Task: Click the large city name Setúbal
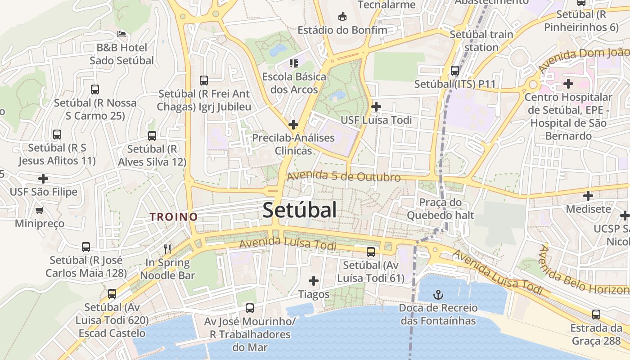[299, 210]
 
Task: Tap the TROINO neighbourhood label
[174, 216]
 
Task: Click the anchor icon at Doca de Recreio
[438, 295]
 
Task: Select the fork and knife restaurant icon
[167, 249]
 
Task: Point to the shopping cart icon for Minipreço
[40, 210]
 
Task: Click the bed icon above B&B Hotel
[121, 34]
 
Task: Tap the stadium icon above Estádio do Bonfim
[342, 17]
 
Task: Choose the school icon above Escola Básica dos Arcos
[294, 63]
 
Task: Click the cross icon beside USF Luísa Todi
[376, 107]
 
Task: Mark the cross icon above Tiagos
[314, 281]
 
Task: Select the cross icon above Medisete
[588, 196]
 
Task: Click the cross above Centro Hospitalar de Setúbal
[568, 84]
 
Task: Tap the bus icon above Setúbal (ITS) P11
[455, 71]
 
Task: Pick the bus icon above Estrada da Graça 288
[596, 315]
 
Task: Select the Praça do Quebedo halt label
[441, 209]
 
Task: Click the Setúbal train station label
[481, 41]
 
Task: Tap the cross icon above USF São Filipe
[43, 179]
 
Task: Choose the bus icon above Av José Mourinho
[250, 308]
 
